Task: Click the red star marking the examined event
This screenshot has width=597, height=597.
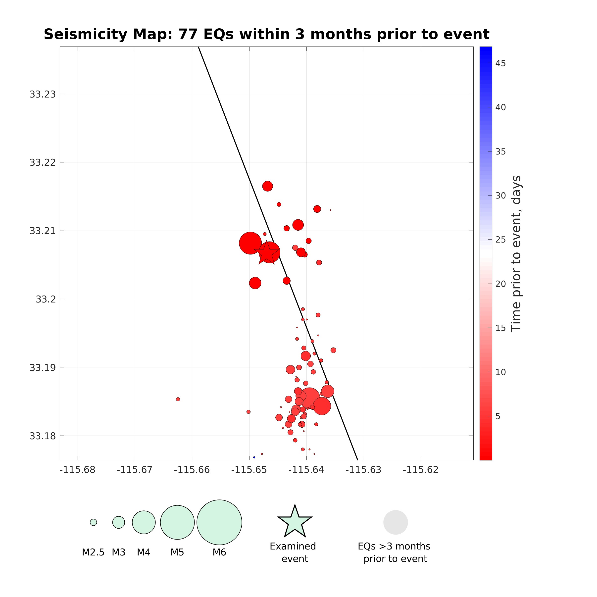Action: coord(266,253)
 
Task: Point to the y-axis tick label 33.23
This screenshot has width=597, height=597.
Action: coord(43,94)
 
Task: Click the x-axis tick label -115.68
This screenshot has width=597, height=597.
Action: coord(77,470)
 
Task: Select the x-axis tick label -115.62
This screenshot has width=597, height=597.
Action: coord(421,470)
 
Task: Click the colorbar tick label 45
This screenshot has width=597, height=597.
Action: coord(500,63)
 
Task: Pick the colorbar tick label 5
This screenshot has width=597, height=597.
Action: coord(497,416)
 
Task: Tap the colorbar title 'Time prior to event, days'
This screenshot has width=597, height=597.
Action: coord(516,254)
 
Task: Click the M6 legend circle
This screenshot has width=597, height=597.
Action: coord(219,522)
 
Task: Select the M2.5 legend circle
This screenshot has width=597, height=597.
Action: coord(93,522)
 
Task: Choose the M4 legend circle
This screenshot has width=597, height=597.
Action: coord(144,522)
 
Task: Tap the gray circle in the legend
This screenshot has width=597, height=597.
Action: coord(396,522)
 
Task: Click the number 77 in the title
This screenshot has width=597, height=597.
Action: coord(188,34)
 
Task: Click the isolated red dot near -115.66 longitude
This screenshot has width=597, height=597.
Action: coord(178,399)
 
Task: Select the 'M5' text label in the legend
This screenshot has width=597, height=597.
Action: coord(177,552)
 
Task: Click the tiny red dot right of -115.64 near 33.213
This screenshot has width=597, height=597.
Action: coord(330,210)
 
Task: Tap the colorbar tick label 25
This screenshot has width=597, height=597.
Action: coord(500,240)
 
